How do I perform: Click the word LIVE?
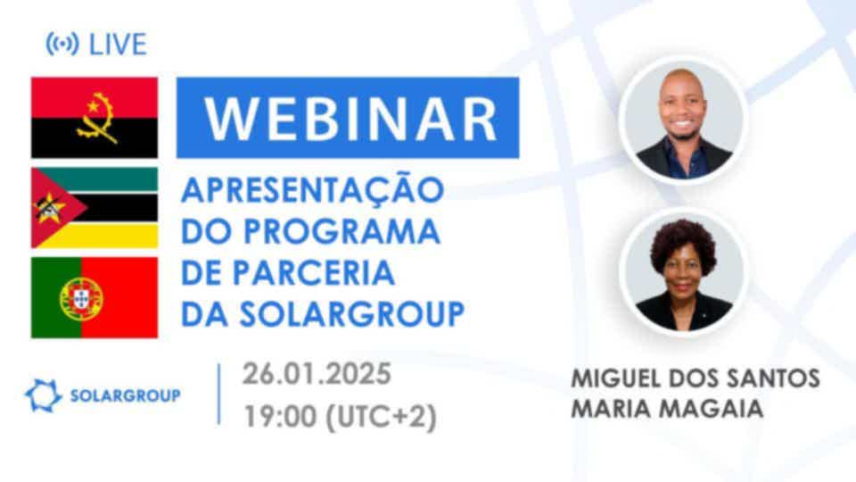tap(118, 45)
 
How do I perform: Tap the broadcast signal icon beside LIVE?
tap(62, 44)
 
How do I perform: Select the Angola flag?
tap(95, 118)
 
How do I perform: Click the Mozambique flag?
tap(95, 208)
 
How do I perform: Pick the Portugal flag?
tap(95, 298)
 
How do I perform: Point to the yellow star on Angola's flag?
tap(94, 104)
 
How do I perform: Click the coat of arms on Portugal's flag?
tap(81, 298)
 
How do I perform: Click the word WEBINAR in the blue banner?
tap(350, 119)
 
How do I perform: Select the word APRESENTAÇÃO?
tap(312, 189)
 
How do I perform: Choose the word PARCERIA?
tap(314, 273)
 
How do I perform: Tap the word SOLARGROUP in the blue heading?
tap(352, 314)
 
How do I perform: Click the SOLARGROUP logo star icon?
tap(43, 395)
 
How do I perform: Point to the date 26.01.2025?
tap(317, 374)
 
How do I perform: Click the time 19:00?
tap(280, 417)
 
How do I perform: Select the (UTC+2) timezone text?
tap(381, 417)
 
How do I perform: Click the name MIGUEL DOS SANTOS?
tap(695, 378)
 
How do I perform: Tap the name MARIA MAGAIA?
tap(667, 409)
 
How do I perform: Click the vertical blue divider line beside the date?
tap(219, 394)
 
